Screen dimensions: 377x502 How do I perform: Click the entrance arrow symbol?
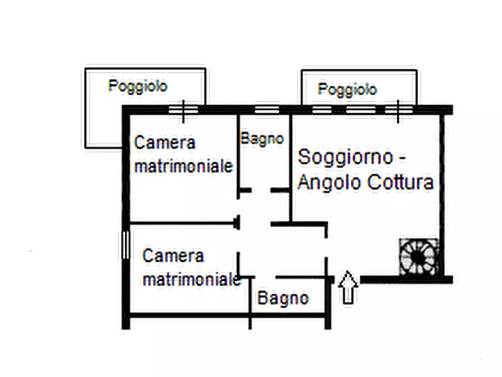(349, 287)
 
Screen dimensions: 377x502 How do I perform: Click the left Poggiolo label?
(138, 87)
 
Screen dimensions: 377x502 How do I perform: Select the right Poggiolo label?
(347, 89)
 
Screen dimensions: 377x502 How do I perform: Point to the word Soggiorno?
(345, 158)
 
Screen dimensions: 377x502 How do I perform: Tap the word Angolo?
(329, 182)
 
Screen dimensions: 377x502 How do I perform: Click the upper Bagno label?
(262, 138)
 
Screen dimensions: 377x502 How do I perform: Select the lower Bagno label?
(283, 298)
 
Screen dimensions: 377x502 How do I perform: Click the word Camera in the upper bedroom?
(165, 143)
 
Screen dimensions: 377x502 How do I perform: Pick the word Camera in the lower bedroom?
(173, 256)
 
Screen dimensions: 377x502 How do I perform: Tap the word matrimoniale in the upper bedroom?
(184, 167)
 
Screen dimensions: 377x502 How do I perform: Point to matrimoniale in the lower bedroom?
(192, 279)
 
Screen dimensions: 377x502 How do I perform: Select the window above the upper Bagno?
(266, 110)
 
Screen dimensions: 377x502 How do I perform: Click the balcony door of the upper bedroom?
(183, 110)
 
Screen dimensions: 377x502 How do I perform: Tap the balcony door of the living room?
(398, 110)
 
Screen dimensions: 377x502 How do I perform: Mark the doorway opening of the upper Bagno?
(261, 191)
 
